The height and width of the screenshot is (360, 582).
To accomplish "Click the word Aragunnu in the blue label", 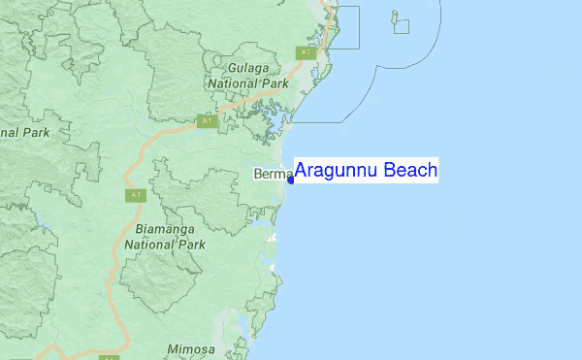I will (x=337, y=172).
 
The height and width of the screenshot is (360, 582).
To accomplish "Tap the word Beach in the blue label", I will (x=410, y=171).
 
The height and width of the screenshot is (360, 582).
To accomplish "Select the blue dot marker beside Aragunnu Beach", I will (x=290, y=179).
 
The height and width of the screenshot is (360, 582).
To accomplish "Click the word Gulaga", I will (x=248, y=69).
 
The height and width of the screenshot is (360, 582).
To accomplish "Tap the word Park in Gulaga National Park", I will (x=276, y=83).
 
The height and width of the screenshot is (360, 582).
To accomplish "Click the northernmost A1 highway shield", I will (x=307, y=51).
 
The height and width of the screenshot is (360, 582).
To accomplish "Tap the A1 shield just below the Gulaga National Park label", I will (x=206, y=121).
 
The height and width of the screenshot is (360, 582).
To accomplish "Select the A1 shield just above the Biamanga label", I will (x=134, y=195).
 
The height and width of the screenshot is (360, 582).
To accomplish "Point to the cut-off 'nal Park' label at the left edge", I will (x=24, y=131).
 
